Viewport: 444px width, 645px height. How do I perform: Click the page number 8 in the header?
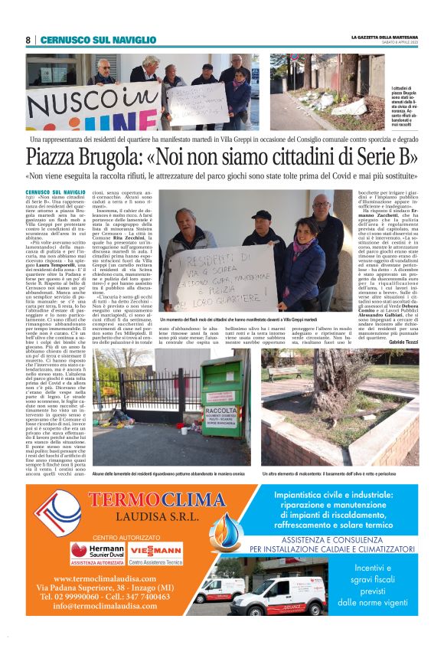click(x=28, y=40)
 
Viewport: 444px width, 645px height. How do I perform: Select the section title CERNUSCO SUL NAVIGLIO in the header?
click(x=98, y=40)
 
